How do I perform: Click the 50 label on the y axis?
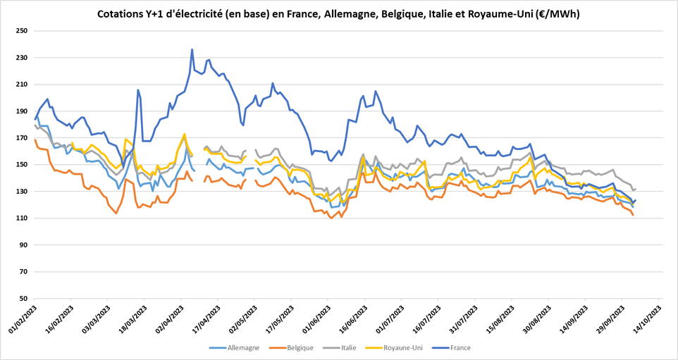click(x=23, y=298)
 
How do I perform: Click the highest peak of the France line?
click(x=192, y=49)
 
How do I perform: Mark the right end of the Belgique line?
click(x=633, y=215)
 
